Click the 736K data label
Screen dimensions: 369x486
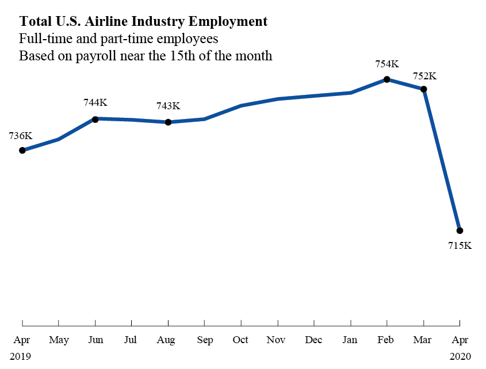(21, 136)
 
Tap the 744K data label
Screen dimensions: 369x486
(95, 103)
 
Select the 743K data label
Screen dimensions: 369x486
(168, 106)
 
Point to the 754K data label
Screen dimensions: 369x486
(386, 64)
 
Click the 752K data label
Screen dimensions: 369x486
(424, 76)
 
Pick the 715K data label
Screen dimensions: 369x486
(460, 246)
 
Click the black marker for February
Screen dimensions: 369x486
(387, 79)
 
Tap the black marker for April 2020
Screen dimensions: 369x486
(460, 230)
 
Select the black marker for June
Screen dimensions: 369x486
(95, 118)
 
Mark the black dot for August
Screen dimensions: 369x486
(168, 122)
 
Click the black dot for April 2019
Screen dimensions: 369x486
(22, 150)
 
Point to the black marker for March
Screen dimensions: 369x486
(424, 89)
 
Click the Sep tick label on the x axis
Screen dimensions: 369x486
(204, 340)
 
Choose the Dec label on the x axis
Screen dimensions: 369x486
(313, 340)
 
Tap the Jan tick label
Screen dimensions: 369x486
(350, 340)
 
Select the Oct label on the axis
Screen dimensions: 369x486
(240, 340)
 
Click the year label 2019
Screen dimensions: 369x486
(20, 356)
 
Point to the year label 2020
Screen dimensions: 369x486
(460, 356)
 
